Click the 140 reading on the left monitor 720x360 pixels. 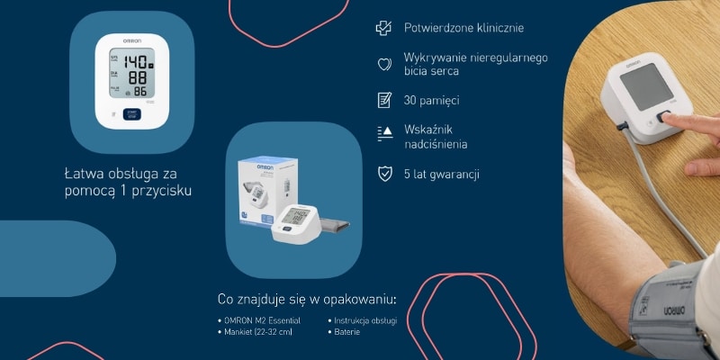click(136, 62)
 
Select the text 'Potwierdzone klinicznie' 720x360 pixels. click(463, 30)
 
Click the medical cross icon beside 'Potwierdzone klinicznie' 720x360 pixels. click(384, 29)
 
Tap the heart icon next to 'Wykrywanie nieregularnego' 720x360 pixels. click(384, 64)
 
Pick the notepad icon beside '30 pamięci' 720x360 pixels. click(384, 99)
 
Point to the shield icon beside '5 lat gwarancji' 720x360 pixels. click(384, 173)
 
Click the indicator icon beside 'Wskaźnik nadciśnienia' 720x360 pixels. click(384, 133)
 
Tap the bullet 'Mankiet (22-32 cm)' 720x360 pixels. click(258, 332)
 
